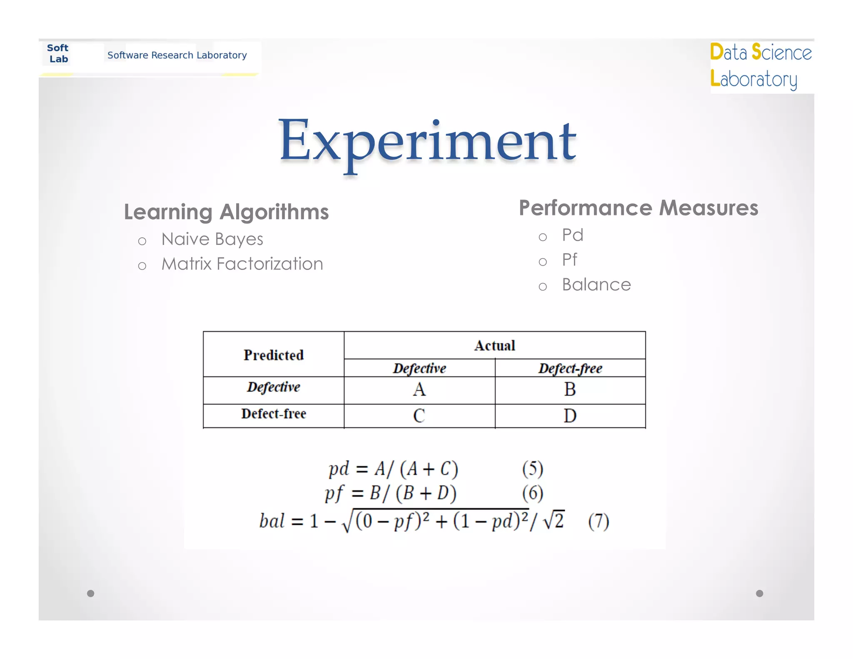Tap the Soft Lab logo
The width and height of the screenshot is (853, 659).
pos(58,54)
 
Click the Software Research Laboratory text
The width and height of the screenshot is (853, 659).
pos(177,55)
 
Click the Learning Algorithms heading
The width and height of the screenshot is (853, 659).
pos(226,212)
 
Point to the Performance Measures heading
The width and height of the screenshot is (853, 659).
pos(638,208)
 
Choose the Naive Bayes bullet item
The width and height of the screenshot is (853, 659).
pos(212,240)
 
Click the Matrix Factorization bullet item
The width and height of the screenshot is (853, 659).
pos(242,264)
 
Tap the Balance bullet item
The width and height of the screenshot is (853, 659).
pos(596,285)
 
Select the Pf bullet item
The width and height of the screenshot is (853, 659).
pos(569,260)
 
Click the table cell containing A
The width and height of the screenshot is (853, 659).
pos(419,390)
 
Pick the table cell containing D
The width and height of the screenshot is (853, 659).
pos(570,416)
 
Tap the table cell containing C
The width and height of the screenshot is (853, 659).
pos(419,416)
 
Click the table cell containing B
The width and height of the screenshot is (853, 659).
pos(570,390)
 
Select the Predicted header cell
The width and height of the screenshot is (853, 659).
pos(274,355)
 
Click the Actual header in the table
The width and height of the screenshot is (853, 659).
pos(494,345)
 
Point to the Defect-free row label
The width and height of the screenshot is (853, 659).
pos(274,414)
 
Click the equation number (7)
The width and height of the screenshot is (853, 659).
pos(599,521)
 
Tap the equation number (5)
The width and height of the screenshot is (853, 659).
pos(533,469)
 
